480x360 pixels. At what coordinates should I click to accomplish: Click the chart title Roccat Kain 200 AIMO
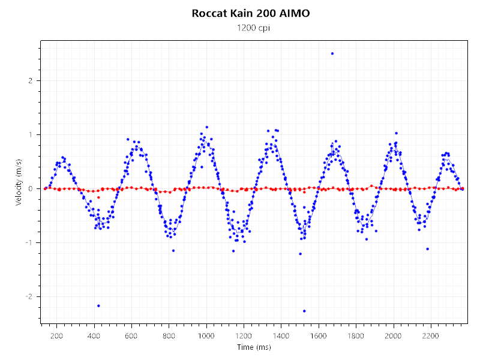(251, 13)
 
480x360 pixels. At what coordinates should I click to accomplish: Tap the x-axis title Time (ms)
(254, 347)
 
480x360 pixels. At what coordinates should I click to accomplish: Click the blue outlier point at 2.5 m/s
(332, 53)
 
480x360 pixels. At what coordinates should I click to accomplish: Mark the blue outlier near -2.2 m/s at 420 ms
(98, 305)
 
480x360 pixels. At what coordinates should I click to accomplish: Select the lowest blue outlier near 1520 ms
(304, 311)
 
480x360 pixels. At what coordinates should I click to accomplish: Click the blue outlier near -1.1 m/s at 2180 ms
(427, 248)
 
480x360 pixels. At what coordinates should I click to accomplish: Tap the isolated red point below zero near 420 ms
(98, 197)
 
